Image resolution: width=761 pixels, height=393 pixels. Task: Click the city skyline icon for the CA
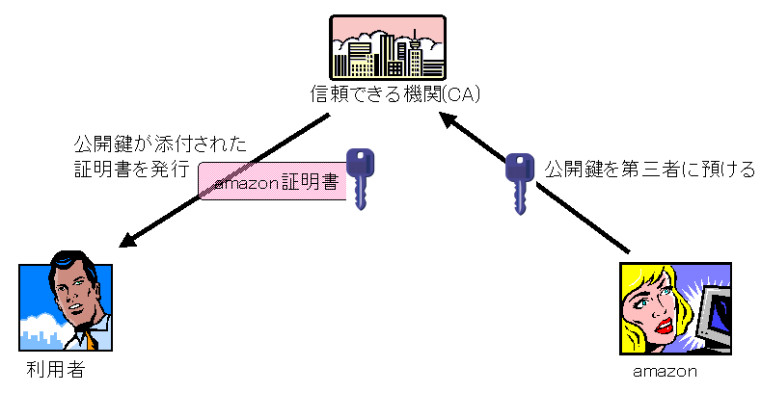point(387,48)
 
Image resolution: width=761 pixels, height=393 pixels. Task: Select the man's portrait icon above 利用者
point(65,301)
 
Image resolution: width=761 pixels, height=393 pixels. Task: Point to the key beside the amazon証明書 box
point(360,176)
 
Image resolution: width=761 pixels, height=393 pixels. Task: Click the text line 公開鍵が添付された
point(161,144)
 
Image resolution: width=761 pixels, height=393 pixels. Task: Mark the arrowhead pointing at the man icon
point(134,240)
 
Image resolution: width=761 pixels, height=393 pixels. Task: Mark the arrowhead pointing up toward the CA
point(448,119)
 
